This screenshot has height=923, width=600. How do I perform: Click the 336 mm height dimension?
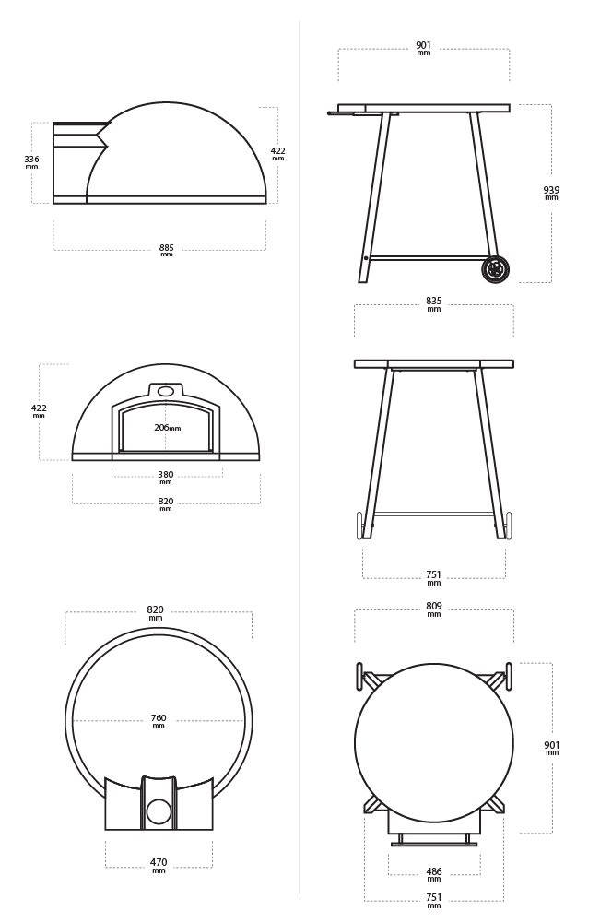(31, 162)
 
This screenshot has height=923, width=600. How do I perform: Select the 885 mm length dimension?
(167, 250)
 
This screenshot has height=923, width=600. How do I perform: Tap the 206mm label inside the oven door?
(167, 427)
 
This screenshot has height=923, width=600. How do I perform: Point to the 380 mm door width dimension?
(166, 477)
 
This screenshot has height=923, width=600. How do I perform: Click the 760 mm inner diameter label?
(159, 720)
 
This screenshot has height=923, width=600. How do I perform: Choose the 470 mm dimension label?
(159, 865)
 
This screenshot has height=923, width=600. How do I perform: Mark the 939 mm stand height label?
(551, 193)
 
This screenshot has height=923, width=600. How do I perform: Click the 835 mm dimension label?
(433, 303)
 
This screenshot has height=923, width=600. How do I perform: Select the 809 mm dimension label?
(433, 609)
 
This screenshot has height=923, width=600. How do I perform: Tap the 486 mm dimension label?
(433, 874)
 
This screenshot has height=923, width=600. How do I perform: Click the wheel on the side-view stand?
(495, 269)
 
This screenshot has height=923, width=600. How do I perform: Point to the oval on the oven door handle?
(165, 391)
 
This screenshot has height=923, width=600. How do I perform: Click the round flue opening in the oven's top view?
(159, 811)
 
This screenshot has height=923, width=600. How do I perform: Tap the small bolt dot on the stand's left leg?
(366, 258)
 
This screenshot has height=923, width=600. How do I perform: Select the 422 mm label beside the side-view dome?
(277, 154)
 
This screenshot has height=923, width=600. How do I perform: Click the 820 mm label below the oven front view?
(166, 503)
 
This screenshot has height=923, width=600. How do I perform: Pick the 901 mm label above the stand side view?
(424, 48)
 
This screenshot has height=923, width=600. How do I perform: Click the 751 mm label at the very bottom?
(433, 901)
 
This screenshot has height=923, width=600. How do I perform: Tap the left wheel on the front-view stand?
(359, 525)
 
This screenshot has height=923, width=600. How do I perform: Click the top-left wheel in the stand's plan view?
(359, 676)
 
